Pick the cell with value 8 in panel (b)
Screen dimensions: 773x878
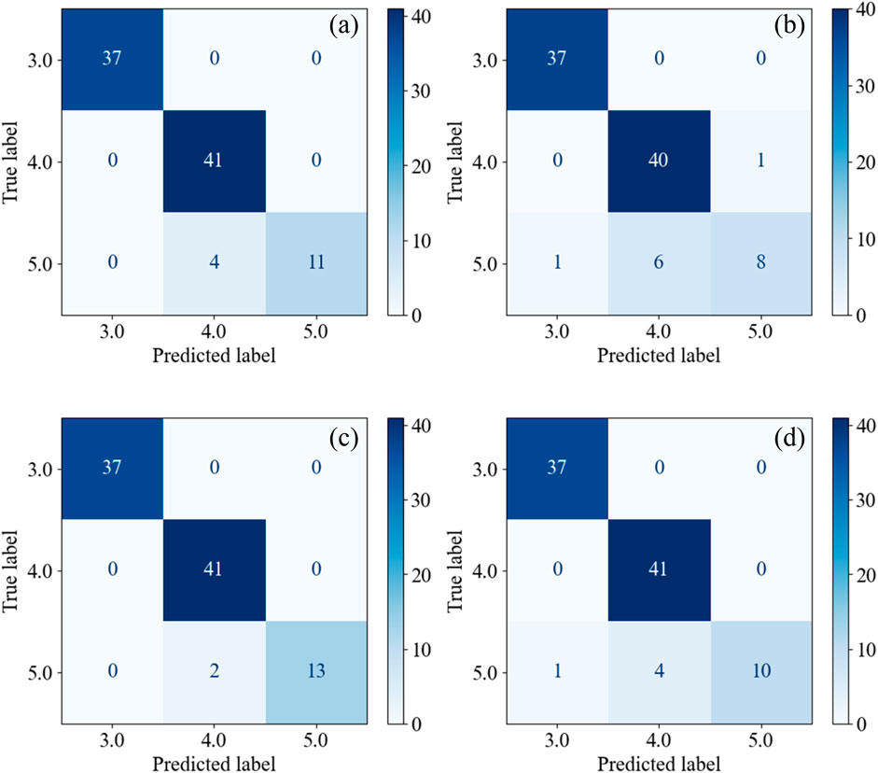[x=762, y=264]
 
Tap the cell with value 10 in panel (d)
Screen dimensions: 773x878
[x=762, y=672]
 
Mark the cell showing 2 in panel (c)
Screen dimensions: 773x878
[x=214, y=672]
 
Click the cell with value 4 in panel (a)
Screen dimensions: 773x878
[x=214, y=264]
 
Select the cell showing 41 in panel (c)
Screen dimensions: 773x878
[x=214, y=570]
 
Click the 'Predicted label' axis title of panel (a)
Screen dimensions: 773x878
[x=214, y=356]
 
